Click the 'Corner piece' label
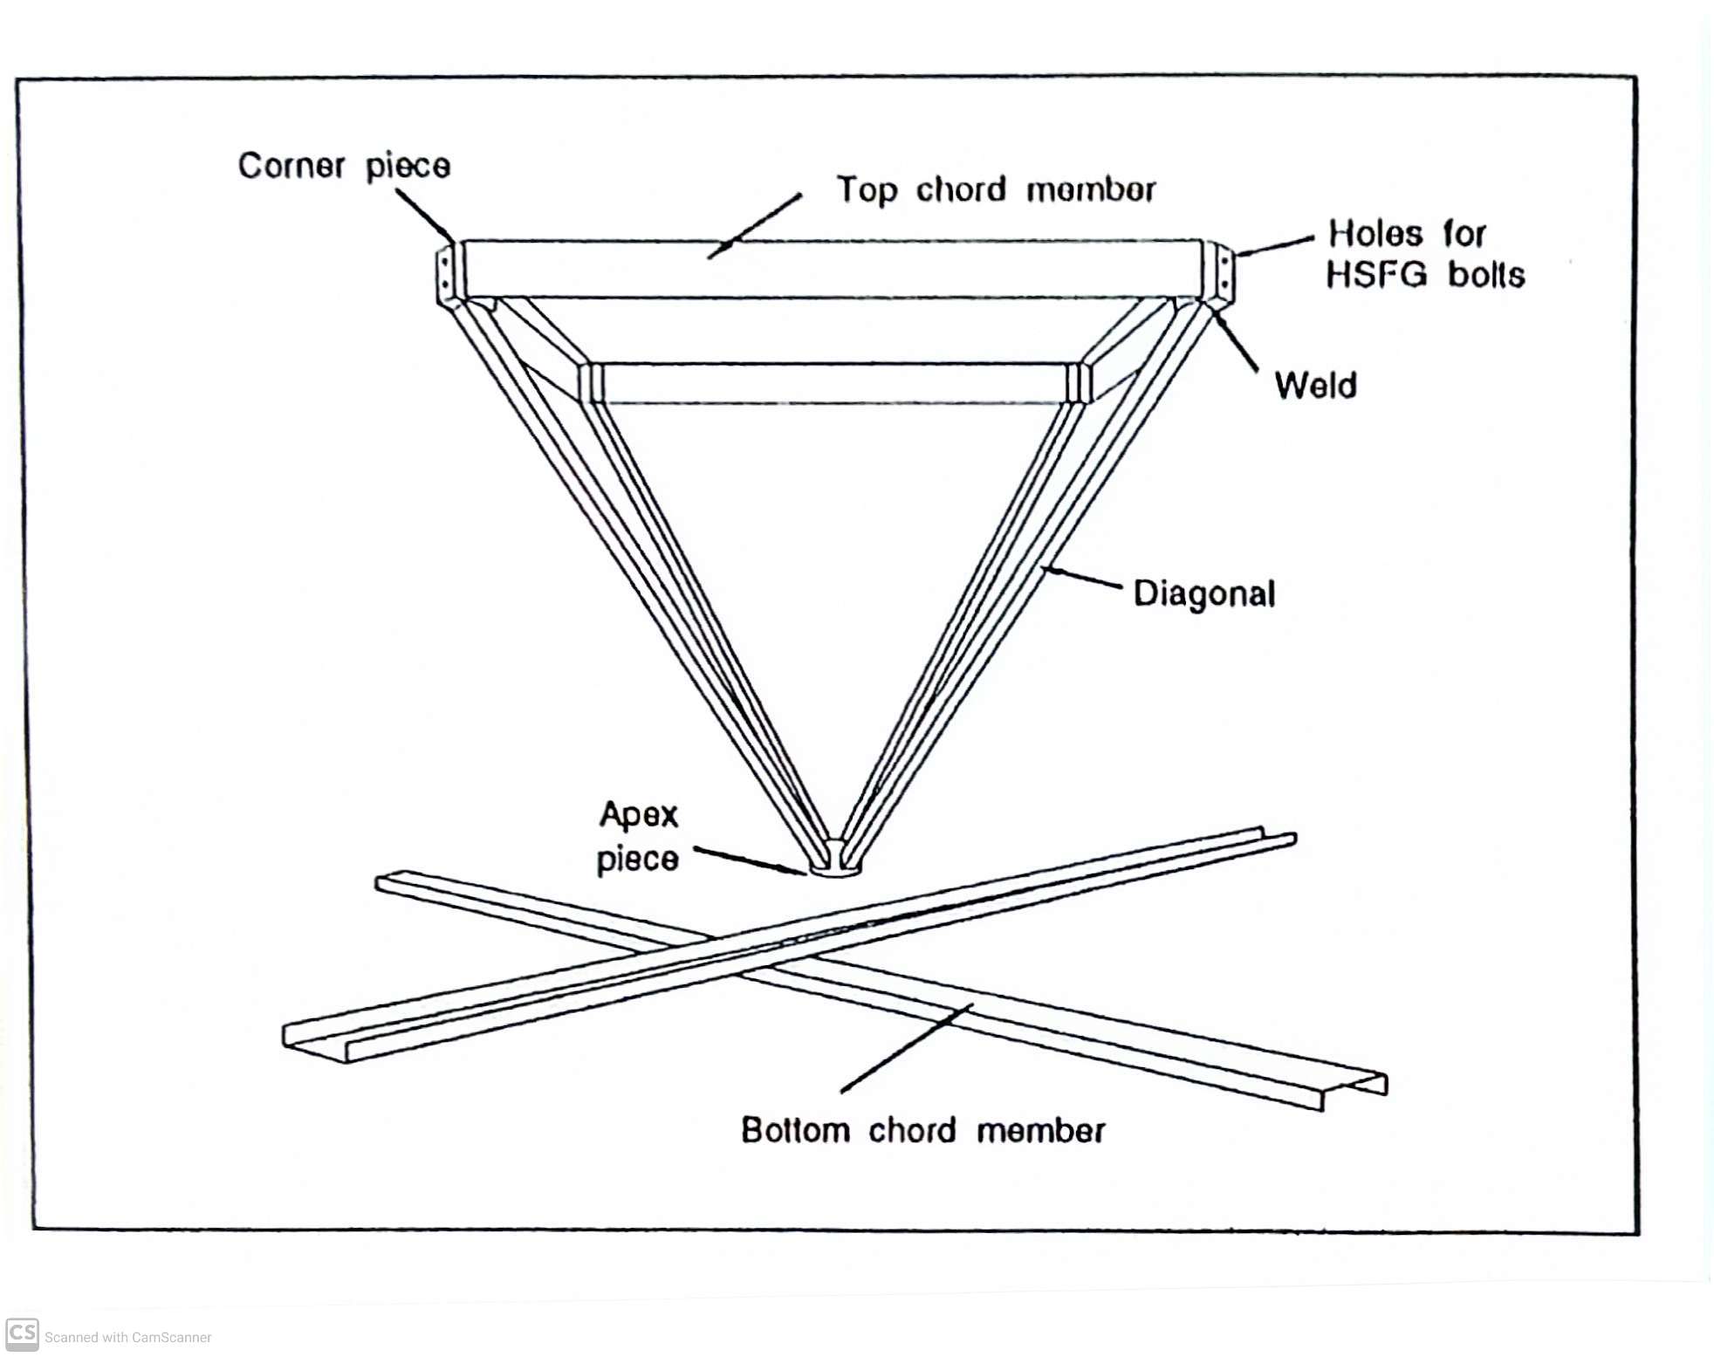344,166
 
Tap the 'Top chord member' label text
996,189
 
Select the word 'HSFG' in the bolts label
1376,275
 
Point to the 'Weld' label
1315,385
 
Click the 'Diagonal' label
1204,593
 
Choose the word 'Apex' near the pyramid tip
639,815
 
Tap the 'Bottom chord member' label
923,1130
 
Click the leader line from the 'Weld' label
1234,341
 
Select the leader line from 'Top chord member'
754,226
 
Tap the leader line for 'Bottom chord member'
907,1048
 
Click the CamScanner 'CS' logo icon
22,1334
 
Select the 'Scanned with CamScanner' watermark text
128,1337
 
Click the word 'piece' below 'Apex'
637,859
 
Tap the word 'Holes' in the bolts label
1375,233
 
